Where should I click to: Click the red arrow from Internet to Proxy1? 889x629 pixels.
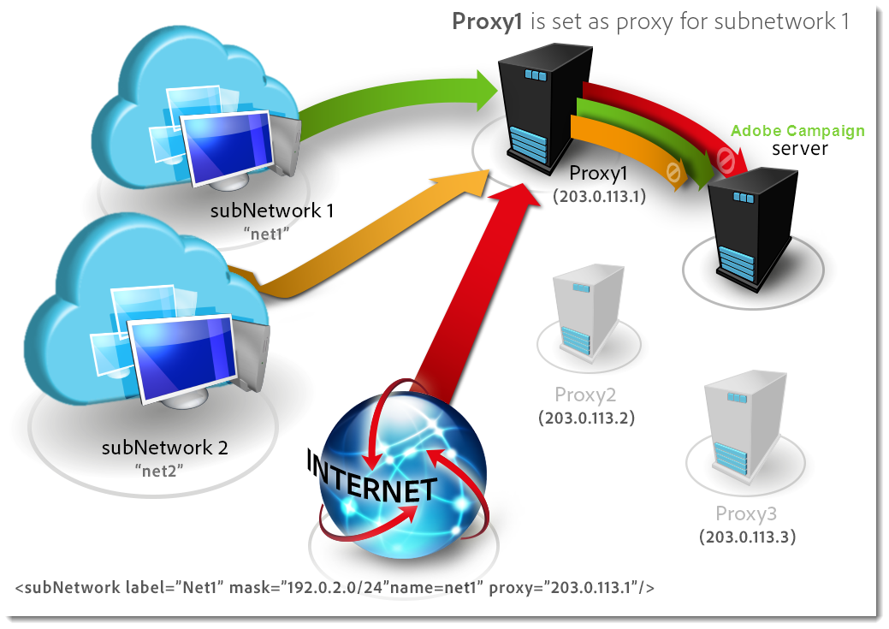pos(462,291)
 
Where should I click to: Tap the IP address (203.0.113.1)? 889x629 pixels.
pos(598,196)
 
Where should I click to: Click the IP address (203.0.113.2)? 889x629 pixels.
pos(586,418)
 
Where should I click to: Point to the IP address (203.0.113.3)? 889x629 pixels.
pos(748,537)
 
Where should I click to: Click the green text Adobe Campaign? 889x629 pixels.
pos(797,131)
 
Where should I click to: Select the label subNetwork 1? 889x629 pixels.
pos(272,211)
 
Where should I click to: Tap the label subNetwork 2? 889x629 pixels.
pos(165,447)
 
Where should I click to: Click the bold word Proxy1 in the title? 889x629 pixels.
pos(487,21)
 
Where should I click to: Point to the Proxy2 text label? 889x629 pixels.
pos(585,395)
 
